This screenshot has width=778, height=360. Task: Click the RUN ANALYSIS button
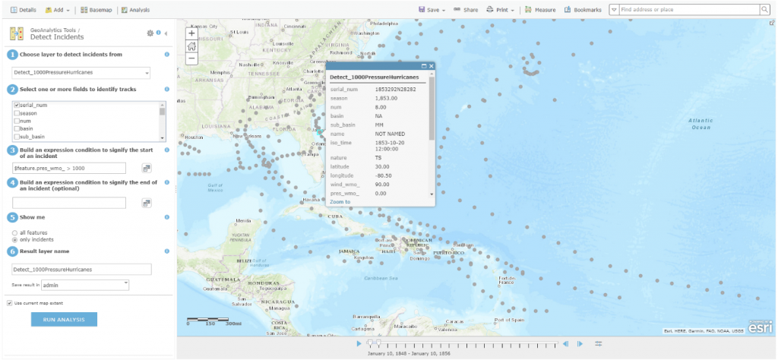[x=64, y=319]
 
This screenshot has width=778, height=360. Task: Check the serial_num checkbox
[x=15, y=106]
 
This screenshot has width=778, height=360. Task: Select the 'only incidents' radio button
[x=15, y=239]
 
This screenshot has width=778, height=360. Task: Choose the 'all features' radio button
[x=15, y=232]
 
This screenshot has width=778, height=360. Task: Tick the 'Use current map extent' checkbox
[x=9, y=303]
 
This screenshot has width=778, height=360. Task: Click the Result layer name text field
[x=81, y=269]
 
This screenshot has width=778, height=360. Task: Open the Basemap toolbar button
[x=96, y=10]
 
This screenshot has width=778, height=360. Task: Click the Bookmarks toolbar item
[x=583, y=10]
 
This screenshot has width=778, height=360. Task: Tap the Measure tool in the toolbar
[x=540, y=10]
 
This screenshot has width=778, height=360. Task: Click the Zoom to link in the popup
[x=340, y=202]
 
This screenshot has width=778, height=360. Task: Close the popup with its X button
[x=432, y=67]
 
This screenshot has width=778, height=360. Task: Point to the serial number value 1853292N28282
[x=396, y=89]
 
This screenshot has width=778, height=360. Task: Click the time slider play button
[x=359, y=344]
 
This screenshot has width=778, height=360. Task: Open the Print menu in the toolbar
[x=500, y=10]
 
